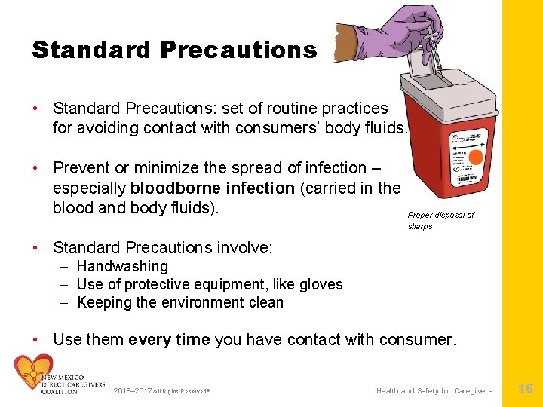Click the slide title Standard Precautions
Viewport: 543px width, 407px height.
(x=174, y=50)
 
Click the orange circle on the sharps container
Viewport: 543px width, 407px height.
(x=476, y=158)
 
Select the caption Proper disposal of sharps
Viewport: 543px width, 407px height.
(x=440, y=220)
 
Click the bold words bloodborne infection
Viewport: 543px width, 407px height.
(x=212, y=188)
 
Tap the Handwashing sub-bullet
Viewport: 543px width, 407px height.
(x=122, y=266)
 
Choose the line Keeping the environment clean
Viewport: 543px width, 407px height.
(x=180, y=302)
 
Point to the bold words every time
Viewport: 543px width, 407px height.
(x=169, y=339)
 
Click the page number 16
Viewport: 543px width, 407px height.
(x=525, y=389)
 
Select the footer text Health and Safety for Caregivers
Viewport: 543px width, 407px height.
(x=434, y=390)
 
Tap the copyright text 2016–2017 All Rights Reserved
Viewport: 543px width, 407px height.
(x=161, y=391)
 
